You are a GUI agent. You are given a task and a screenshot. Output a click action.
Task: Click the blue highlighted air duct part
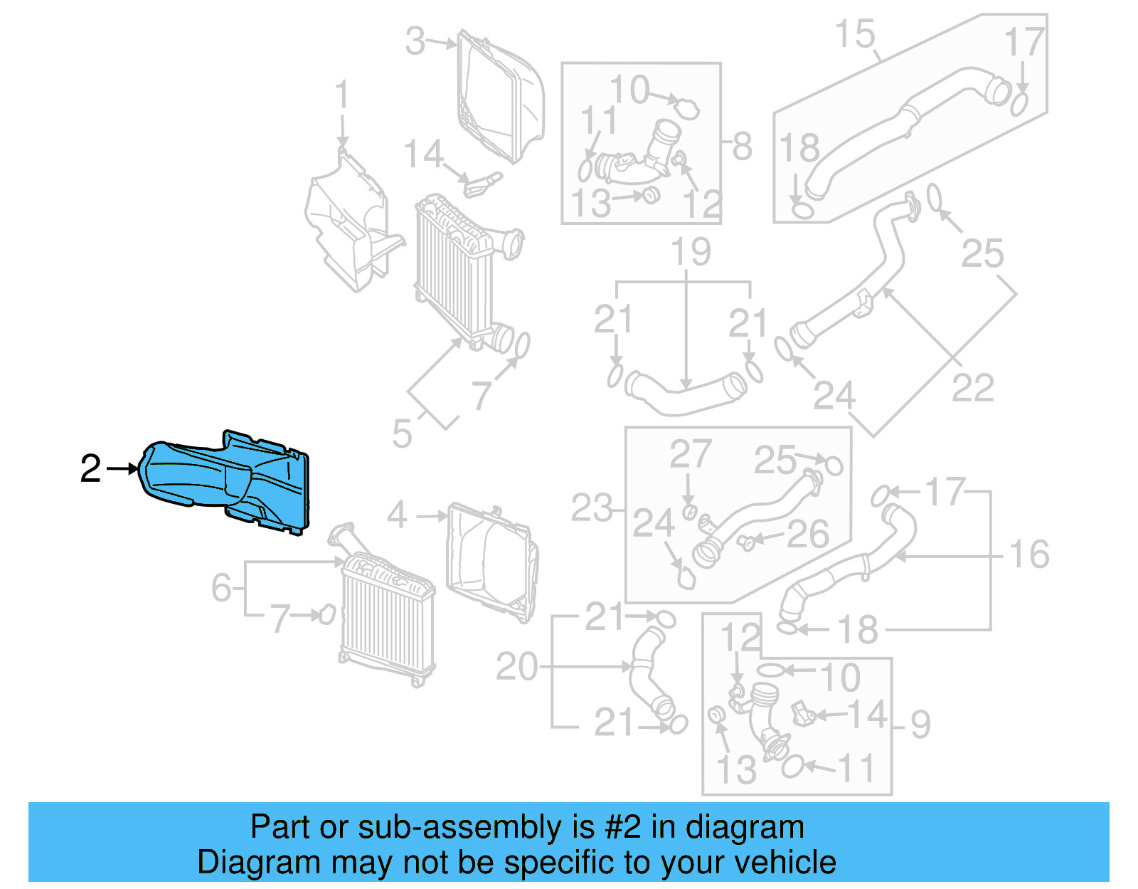[228, 481]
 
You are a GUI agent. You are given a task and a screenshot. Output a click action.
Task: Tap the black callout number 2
[90, 469]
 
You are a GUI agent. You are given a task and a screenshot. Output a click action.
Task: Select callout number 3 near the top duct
[415, 41]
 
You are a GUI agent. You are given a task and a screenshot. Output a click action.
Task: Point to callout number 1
[341, 95]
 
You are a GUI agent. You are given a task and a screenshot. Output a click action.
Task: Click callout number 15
[854, 34]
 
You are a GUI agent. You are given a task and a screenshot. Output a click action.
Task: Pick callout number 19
[691, 252]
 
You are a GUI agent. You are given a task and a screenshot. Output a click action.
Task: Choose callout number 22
[972, 388]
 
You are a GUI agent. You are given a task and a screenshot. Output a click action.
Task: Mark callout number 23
[591, 508]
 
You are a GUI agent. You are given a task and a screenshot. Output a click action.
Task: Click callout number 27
[690, 454]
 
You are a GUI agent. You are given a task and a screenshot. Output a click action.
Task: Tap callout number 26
[808, 535]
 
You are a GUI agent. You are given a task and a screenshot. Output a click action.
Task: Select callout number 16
[1028, 554]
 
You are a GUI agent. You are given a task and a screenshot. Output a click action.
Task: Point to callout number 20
[516, 667]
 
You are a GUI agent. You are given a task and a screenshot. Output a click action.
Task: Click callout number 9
[920, 725]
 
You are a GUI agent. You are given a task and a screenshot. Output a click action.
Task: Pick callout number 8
[742, 147]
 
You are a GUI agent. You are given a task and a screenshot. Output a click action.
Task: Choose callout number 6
[221, 588]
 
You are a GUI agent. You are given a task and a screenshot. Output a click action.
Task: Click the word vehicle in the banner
[785, 863]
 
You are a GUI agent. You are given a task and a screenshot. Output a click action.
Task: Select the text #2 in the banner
[623, 828]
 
